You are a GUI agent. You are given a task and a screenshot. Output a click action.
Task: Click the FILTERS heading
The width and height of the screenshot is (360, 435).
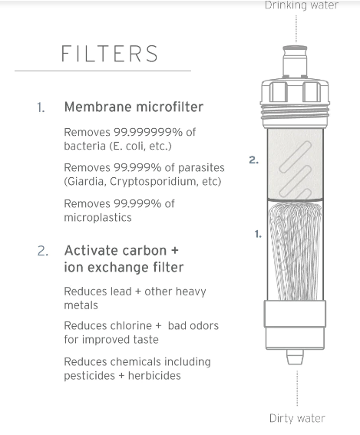[x=110, y=54]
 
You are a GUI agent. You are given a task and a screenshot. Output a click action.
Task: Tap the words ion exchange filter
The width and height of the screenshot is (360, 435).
[x=124, y=267]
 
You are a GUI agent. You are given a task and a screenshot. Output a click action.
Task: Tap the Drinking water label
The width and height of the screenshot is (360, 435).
[x=302, y=6]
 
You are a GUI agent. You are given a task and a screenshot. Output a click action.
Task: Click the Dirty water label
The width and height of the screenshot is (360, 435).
[x=297, y=419]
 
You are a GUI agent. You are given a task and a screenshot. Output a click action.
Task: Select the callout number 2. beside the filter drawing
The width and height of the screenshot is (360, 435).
[x=253, y=160]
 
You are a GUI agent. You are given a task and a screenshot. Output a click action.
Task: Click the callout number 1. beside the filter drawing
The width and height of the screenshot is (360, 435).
[x=258, y=233]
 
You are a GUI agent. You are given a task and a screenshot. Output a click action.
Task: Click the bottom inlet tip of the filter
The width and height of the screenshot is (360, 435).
[x=296, y=357]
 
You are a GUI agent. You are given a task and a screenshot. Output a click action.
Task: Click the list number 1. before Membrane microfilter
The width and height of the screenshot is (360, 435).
[x=41, y=108]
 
